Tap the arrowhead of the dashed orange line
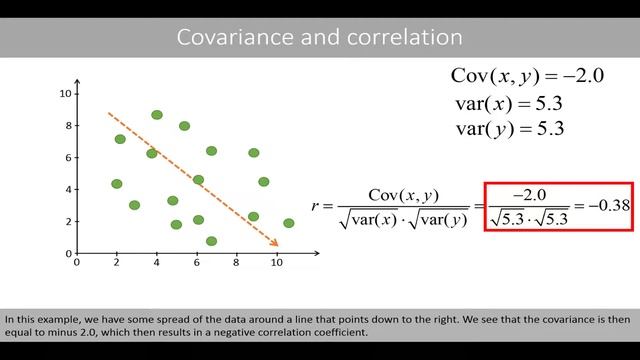(274, 242)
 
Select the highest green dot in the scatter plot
(157, 115)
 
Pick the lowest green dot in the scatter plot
(211, 241)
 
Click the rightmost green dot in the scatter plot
(289, 223)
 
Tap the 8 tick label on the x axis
(236, 264)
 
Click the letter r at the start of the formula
(316, 206)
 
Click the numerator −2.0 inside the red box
(528, 194)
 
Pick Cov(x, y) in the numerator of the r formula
(403, 194)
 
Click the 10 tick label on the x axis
(276, 264)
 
